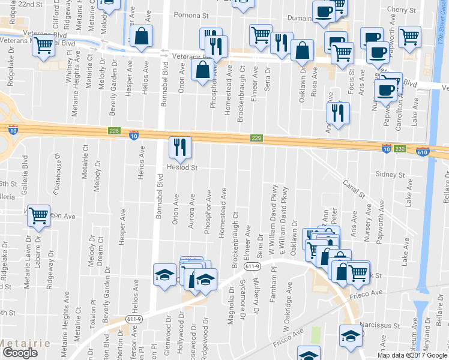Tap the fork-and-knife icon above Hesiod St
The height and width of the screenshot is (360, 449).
click(179, 147)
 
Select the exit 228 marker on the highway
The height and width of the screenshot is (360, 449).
click(115, 131)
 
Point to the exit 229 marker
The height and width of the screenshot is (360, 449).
click(257, 139)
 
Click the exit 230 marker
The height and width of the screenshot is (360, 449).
click(401, 148)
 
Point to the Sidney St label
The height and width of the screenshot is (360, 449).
click(391, 175)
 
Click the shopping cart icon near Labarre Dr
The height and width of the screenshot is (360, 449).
click(38, 216)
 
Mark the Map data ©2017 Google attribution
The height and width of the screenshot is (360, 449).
click(411, 355)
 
